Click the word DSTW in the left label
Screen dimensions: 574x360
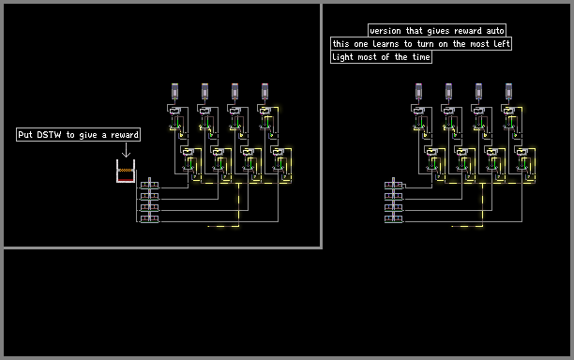[49, 135]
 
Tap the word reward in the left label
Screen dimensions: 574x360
[125, 135]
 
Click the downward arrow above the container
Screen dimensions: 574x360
[126, 150]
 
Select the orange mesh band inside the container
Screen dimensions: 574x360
[126, 170]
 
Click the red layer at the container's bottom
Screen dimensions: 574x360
[126, 180]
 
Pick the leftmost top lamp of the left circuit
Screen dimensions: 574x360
[175, 92]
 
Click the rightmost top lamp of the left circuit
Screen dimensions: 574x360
[265, 92]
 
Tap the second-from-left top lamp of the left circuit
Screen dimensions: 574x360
[205, 92]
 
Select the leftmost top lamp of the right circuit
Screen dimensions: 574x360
[419, 92]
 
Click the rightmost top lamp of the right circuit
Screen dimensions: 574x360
[509, 92]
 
